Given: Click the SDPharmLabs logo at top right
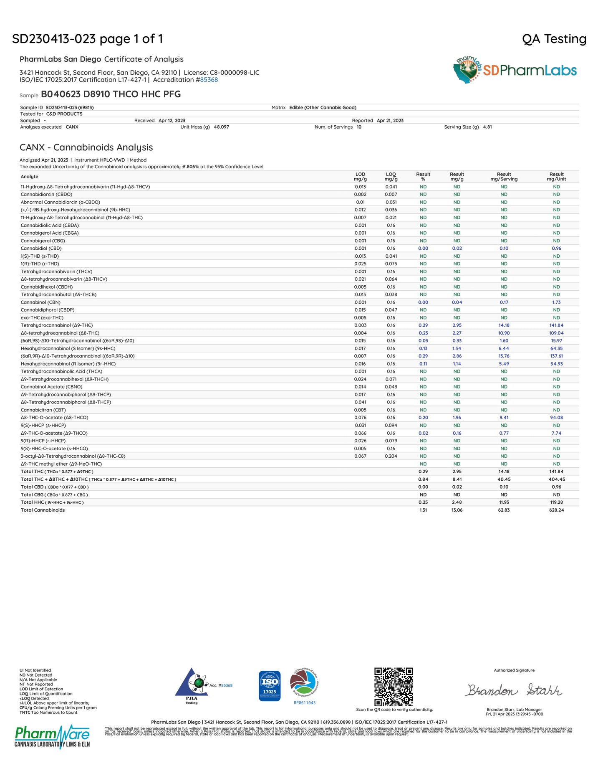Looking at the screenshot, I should tap(515, 70).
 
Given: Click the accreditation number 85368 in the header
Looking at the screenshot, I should tap(209, 80).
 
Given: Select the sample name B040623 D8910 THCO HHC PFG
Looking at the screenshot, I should tap(111, 94).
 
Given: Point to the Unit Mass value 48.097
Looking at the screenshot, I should tap(221, 127).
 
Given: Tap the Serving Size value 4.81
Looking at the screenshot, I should tap(487, 127).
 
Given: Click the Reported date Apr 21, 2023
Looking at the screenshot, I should tap(390, 121).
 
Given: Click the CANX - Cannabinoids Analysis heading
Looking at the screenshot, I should tap(86, 147).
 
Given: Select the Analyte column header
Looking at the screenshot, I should tap(30, 177).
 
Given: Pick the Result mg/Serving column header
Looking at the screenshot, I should tap(504, 177).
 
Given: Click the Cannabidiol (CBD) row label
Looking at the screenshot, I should tap(41, 248).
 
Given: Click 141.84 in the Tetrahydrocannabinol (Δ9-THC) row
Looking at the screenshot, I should tap(556, 325).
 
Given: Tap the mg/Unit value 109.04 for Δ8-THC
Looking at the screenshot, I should tap(556, 333).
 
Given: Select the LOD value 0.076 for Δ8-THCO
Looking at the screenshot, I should tap(360, 418).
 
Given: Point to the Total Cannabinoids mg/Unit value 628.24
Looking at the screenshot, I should tap(556, 510).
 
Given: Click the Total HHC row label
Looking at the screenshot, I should tap(52, 502).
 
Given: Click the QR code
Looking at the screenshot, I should tap(394, 687).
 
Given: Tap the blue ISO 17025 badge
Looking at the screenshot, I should tap(270, 686).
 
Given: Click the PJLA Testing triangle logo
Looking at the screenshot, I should tap(192, 686).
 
